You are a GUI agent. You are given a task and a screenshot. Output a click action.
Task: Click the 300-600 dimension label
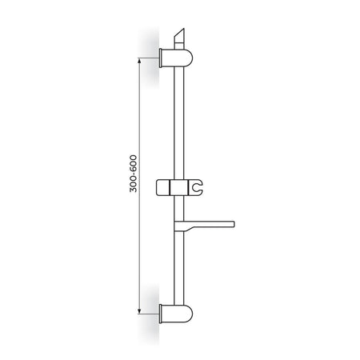[x=133, y=174]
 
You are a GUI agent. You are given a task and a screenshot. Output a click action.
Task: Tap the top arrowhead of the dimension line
[x=139, y=61]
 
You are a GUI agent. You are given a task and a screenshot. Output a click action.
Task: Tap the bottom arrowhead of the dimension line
[x=139, y=310]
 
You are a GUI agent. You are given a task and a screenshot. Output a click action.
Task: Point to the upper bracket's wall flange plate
[x=161, y=58]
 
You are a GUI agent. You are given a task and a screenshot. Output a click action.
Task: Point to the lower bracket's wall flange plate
[x=161, y=314]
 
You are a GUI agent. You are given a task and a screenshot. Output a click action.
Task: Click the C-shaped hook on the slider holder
[x=197, y=186]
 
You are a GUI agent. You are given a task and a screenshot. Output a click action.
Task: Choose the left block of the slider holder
[x=162, y=188]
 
